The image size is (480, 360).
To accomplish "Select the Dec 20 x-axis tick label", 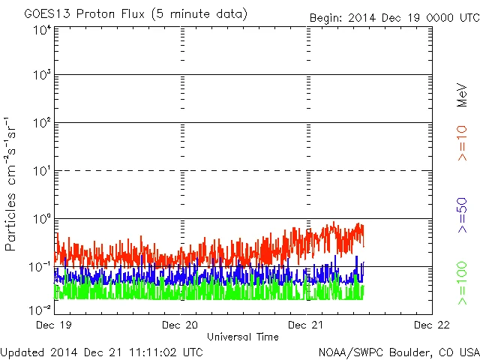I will pyautogui.click(x=180, y=325).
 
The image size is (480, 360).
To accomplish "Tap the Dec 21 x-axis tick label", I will pyautogui.click(x=307, y=325).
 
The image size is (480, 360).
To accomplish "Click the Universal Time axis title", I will pyautogui.click(x=242, y=337).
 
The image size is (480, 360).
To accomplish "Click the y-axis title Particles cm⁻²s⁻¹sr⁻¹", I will pyautogui.click(x=12, y=183).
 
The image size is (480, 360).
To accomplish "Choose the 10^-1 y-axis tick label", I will pyautogui.click(x=40, y=267).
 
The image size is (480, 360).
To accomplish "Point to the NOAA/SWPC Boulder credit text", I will pyautogui.click(x=398, y=351).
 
